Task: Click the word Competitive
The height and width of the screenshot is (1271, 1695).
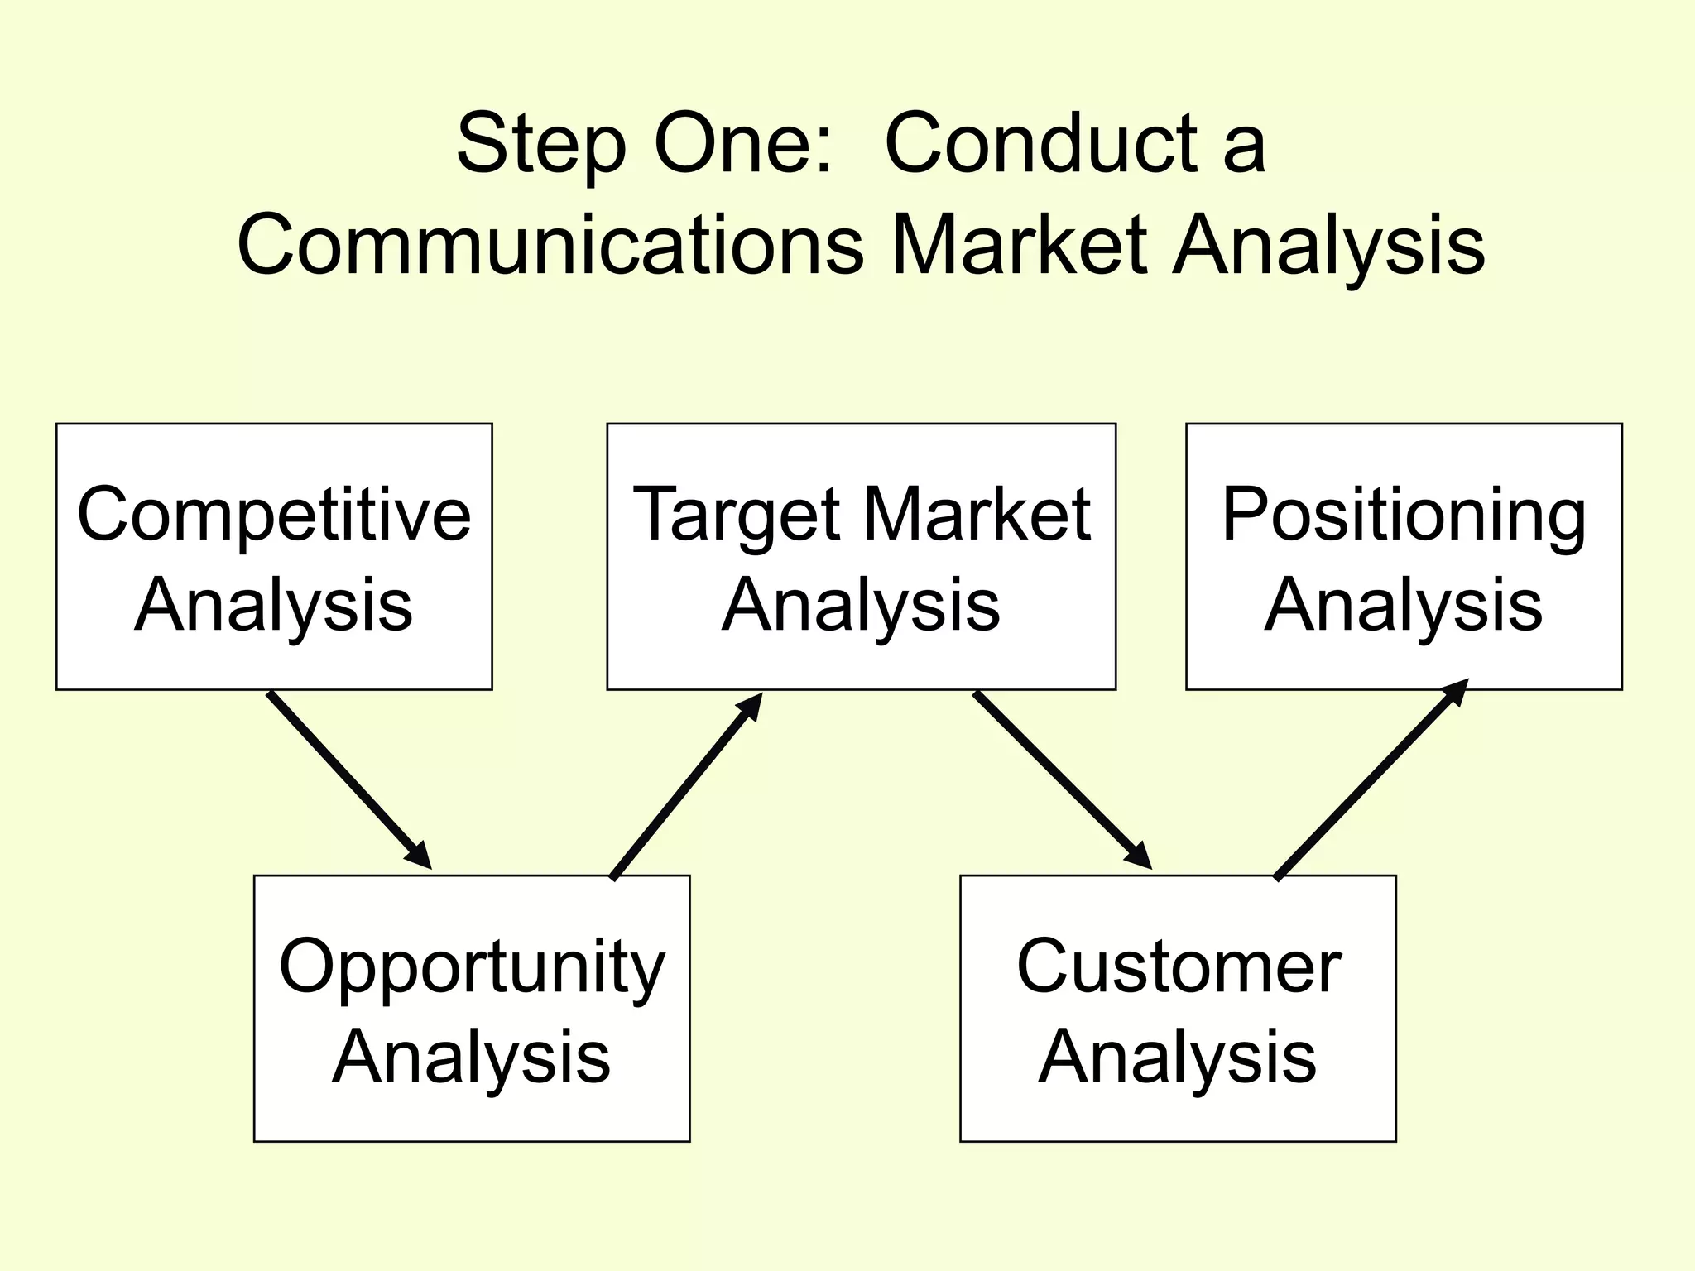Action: coord(274,516)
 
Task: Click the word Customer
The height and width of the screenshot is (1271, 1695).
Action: coord(1179,966)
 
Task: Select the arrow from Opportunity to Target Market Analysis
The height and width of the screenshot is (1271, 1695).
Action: coord(686,785)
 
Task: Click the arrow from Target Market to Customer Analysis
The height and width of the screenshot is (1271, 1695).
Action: coord(1062,780)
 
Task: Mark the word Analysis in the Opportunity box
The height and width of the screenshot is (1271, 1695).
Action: coord(472,1058)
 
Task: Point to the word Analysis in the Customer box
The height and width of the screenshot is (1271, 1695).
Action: coord(1178,1058)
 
